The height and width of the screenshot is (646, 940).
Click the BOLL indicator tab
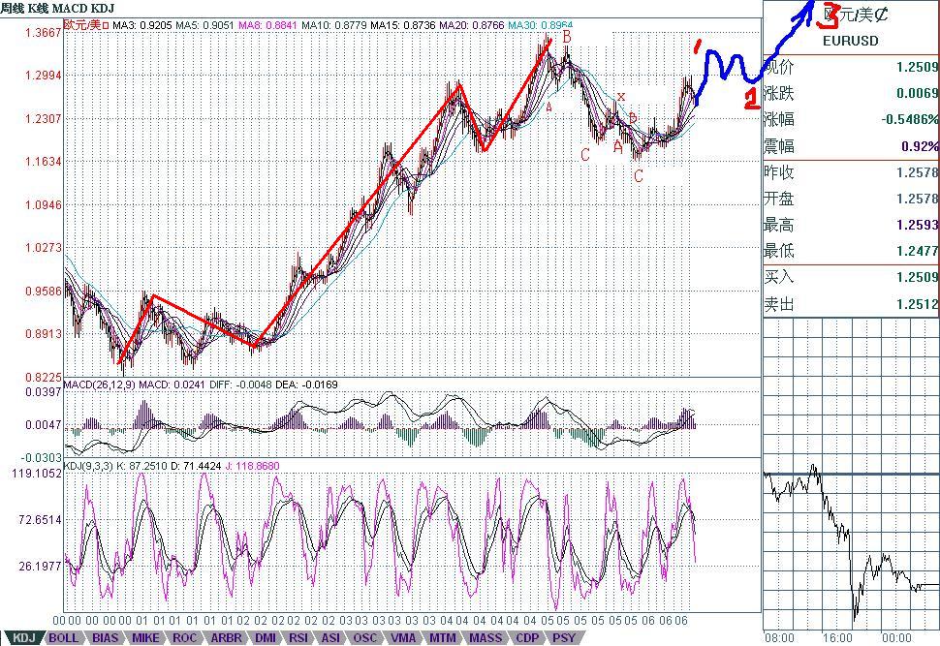tap(64, 637)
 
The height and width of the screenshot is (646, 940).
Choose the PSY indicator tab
tap(563, 637)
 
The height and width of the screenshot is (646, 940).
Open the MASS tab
tap(485, 637)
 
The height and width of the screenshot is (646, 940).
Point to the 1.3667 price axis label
tap(42, 32)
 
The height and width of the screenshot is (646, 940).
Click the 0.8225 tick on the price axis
tap(42, 377)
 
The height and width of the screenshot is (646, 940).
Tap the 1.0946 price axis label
tap(42, 204)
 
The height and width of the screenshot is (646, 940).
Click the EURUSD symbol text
tap(850, 41)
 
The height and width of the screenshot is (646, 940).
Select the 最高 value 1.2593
tap(917, 225)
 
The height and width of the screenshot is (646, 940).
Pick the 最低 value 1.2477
tap(917, 251)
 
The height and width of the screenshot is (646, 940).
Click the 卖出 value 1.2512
tap(917, 304)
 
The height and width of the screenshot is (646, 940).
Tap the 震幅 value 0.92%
tap(917, 146)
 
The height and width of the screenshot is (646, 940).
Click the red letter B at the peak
tap(567, 36)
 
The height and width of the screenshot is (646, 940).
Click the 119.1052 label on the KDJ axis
tap(35, 474)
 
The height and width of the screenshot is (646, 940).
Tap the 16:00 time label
tap(838, 638)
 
